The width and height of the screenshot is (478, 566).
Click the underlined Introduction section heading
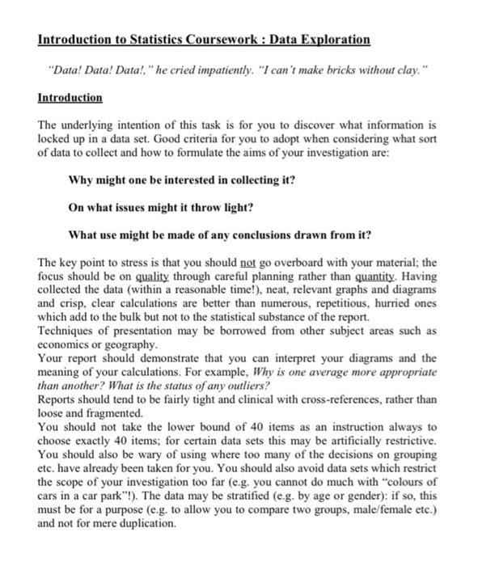click(70, 98)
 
